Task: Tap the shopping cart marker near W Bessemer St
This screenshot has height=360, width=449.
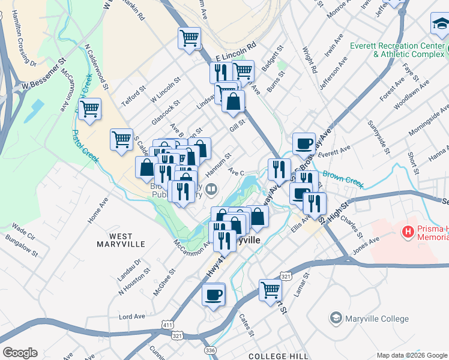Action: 89,109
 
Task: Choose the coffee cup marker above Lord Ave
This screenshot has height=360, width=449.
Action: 213,295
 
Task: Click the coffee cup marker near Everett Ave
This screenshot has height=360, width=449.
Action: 304,143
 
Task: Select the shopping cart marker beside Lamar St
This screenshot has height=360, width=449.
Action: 271,290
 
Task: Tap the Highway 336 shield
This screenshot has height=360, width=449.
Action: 209,350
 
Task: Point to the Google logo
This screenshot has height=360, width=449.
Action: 20,353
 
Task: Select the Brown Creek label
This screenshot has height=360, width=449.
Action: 343,178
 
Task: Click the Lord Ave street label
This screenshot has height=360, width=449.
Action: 133,316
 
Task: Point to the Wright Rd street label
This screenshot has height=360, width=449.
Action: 310,59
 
